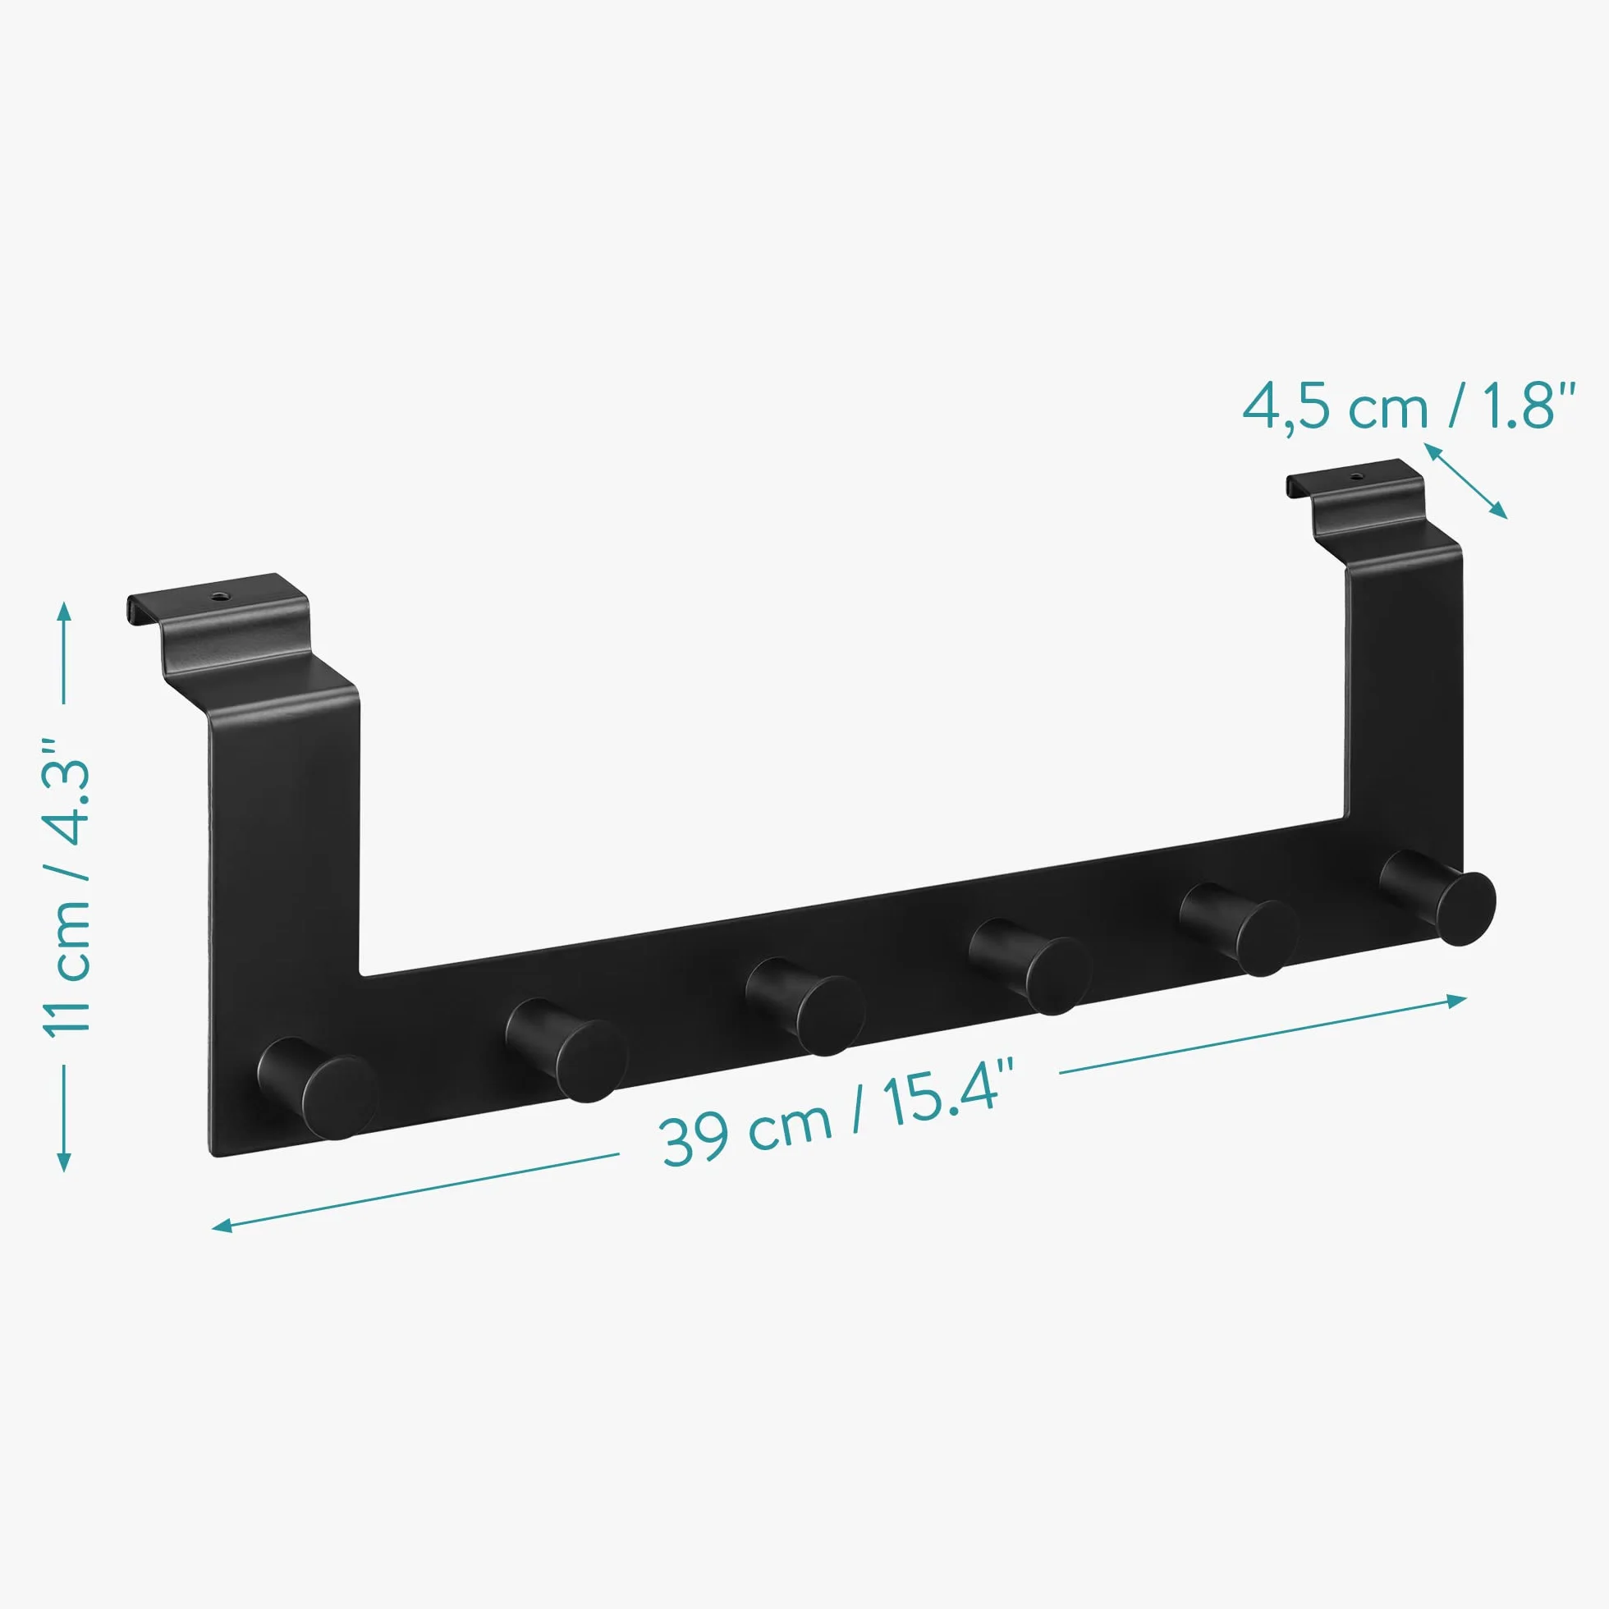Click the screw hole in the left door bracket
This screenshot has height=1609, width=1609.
tap(221, 595)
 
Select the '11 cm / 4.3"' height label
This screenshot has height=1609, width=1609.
tap(66, 887)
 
